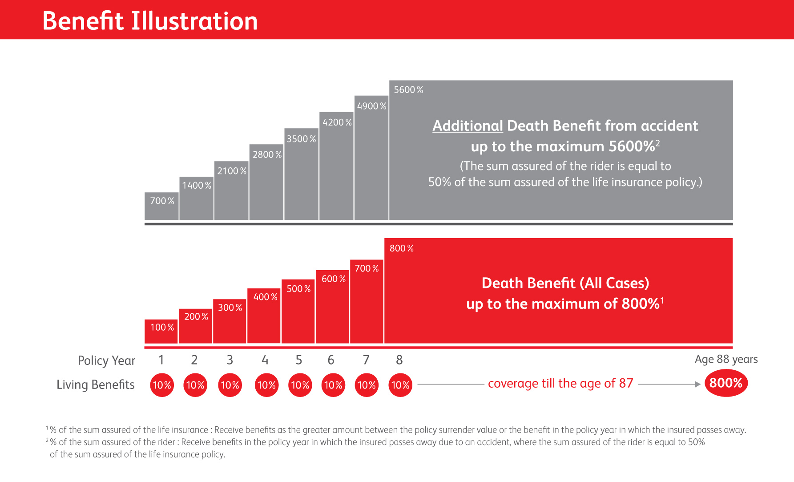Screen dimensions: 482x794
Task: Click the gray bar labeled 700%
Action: [161, 207]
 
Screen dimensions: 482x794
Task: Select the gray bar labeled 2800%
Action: [266, 182]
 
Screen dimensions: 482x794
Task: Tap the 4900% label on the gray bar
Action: [371, 106]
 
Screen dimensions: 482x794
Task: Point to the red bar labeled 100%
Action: [161, 332]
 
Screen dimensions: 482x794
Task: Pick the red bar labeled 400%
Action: [264, 316]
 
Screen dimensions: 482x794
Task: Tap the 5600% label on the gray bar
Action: [408, 90]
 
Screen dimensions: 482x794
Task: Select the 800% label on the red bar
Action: [402, 248]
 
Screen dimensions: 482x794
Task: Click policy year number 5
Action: [299, 360]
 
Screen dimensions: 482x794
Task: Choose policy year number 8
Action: [399, 360]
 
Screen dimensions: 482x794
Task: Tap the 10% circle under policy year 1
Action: [162, 385]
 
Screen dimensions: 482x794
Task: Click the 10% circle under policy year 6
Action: [333, 385]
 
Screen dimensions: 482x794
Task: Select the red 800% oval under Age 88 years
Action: [726, 383]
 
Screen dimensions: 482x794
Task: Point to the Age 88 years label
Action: [726, 359]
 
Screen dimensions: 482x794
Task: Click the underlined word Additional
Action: [468, 126]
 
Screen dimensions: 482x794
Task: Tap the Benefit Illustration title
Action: [150, 21]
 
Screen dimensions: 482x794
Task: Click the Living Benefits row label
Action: [96, 385]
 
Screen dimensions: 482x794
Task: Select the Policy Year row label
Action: [106, 360]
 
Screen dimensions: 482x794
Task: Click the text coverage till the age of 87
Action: [560, 383]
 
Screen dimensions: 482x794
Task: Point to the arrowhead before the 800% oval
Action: [698, 384]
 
